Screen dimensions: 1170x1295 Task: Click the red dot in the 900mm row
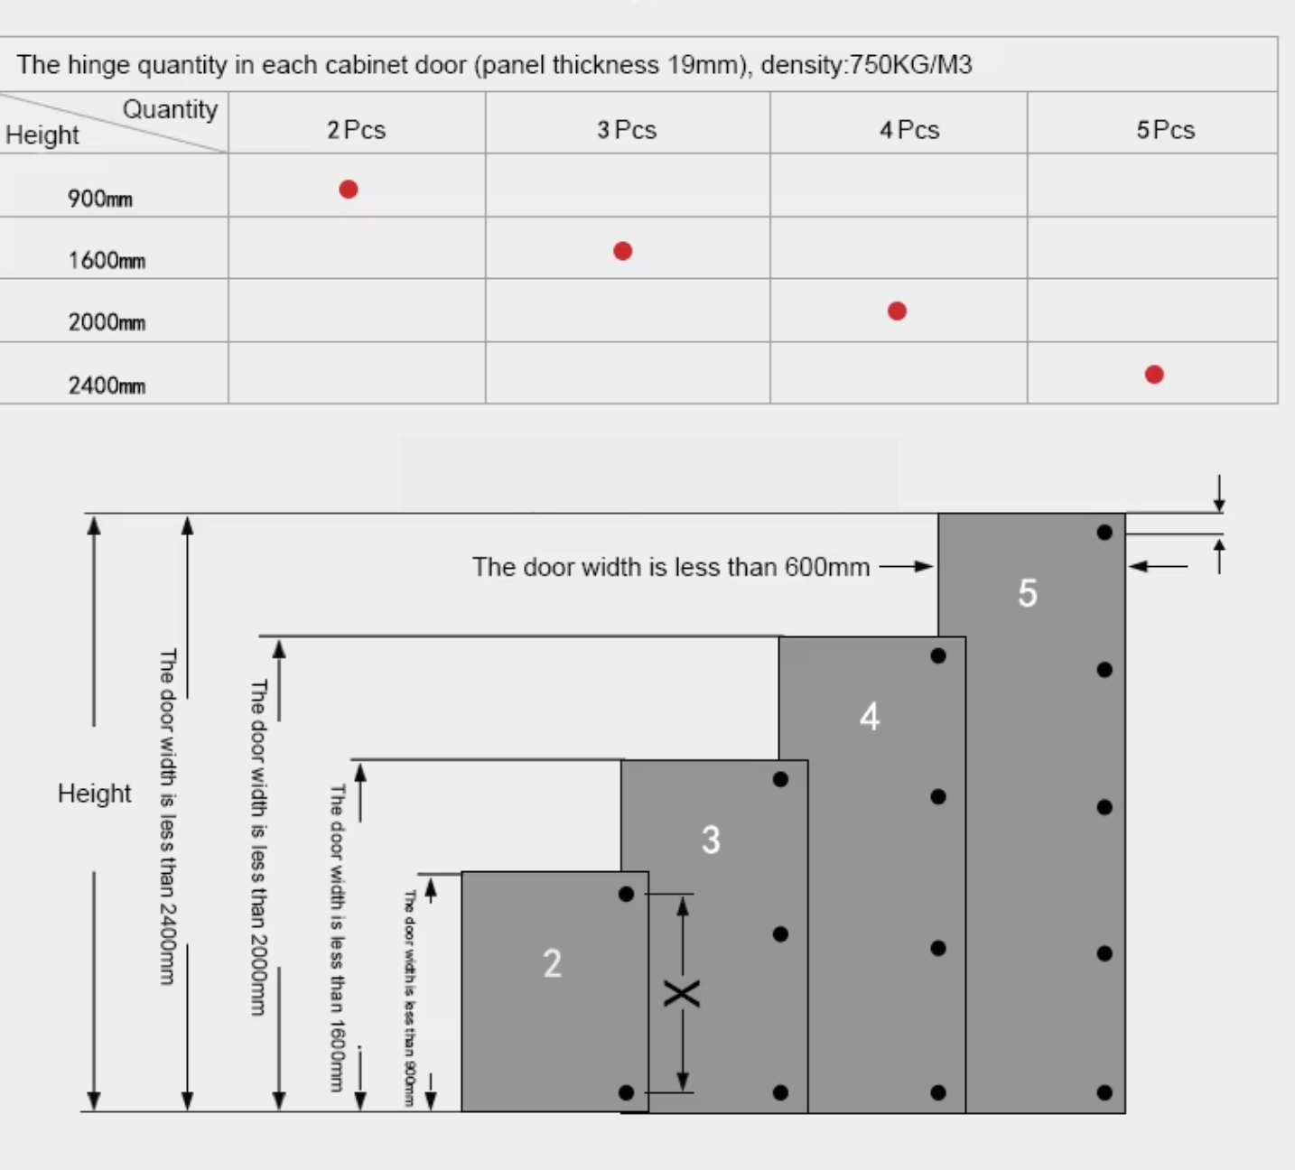(349, 190)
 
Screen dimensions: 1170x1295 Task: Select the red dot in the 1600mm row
(622, 251)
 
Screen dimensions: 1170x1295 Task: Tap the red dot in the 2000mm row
(897, 311)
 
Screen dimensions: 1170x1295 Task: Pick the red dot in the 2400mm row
(1154, 375)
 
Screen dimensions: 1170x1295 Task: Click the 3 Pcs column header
(627, 130)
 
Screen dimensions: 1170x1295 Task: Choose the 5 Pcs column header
(1165, 130)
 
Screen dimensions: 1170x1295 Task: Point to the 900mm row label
(100, 199)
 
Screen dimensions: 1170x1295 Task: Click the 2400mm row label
(107, 385)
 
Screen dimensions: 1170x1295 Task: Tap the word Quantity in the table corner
(170, 109)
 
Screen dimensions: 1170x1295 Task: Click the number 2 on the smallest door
(552, 963)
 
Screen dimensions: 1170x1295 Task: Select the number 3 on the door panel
(711, 840)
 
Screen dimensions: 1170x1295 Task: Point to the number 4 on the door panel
(869, 717)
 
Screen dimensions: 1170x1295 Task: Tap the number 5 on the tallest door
(1028, 593)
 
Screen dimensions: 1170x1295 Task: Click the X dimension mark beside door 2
(682, 994)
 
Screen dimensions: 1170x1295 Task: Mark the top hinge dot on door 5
(1104, 533)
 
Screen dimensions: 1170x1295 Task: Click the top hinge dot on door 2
(627, 894)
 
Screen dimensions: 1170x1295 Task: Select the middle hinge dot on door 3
(780, 934)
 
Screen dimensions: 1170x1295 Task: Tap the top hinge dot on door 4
(938, 656)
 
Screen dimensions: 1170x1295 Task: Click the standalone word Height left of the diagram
(94, 794)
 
